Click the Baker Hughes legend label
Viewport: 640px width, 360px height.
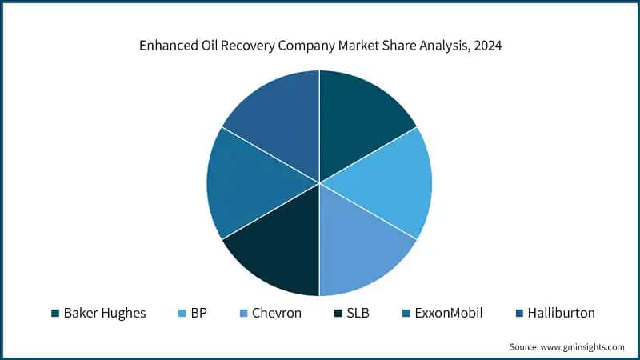(105, 313)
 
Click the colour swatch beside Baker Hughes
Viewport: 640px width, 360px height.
(55, 314)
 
